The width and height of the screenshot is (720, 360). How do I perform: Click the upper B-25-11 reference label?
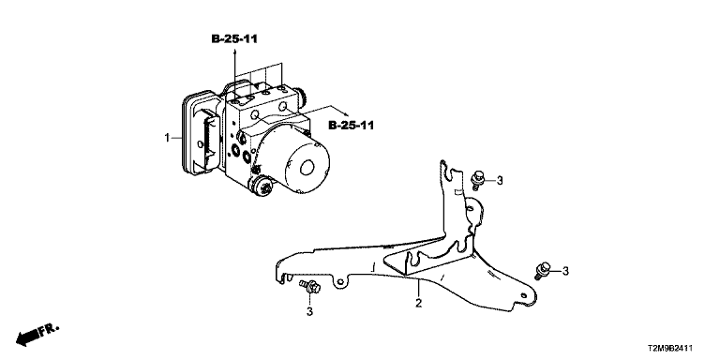click(x=234, y=39)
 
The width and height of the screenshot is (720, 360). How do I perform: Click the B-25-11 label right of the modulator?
click(x=352, y=125)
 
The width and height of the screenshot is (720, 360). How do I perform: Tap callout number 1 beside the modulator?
click(x=168, y=137)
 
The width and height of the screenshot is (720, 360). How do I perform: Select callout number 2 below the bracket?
click(x=418, y=303)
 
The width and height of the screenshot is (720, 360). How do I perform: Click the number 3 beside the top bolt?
click(x=500, y=181)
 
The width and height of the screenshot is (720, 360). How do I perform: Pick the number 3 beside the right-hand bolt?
click(x=565, y=271)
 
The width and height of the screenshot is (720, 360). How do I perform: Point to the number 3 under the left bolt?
click(x=309, y=312)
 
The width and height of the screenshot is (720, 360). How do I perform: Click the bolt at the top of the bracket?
click(x=477, y=180)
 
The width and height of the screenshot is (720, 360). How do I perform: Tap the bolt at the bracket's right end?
click(x=542, y=270)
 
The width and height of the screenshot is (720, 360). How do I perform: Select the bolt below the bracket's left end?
click(x=310, y=286)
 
